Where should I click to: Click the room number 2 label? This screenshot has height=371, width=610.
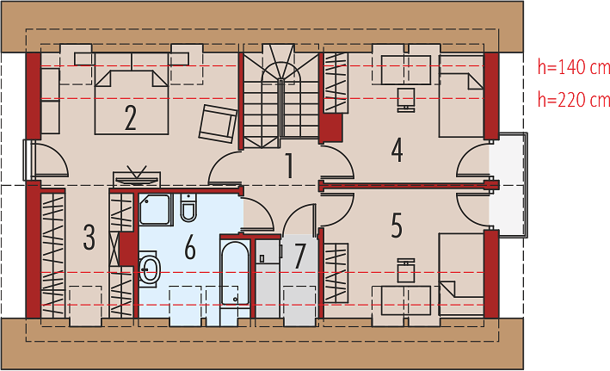[x=131, y=118]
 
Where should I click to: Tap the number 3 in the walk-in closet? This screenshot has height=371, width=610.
[x=89, y=237]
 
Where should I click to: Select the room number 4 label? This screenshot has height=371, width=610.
[x=397, y=150]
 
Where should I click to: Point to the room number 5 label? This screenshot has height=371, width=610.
[x=397, y=225]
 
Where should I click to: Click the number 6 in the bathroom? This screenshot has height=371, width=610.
[x=190, y=248]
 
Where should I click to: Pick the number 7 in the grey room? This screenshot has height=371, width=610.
[x=299, y=256]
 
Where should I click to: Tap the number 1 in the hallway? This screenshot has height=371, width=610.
[x=289, y=165]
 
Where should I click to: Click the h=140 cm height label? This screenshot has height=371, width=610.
[x=574, y=67]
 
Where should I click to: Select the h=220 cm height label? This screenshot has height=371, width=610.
[x=574, y=100]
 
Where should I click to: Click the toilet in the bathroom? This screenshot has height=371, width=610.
[x=188, y=207]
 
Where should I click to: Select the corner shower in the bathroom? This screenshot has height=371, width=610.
[x=155, y=209]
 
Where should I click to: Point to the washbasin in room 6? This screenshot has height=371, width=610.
[x=149, y=269]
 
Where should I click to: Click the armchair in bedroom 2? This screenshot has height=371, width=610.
[x=218, y=123]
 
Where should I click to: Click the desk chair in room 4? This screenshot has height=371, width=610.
[x=406, y=100]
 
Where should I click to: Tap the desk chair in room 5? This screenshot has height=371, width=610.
[x=406, y=270]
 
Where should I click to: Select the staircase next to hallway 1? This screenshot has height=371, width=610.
[x=281, y=96]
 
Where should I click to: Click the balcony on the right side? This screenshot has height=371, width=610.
[x=508, y=185]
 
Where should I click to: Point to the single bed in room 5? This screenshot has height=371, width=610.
[x=461, y=274]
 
